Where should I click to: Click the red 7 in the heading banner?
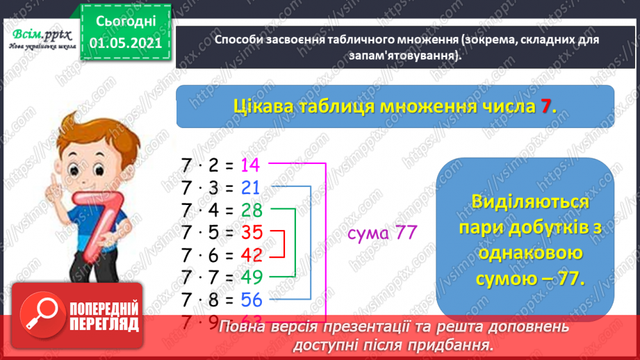point(547,106)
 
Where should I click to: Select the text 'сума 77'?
point(381,233)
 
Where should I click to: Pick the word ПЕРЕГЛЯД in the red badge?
point(105,325)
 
